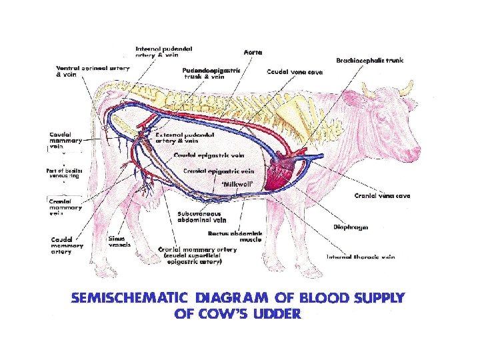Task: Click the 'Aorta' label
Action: (253, 51)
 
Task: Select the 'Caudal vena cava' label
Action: (295, 71)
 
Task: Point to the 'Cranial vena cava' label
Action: (382, 195)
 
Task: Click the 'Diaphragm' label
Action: (351, 227)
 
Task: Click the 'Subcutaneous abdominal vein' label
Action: (201, 217)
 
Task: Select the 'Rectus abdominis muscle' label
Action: (235, 236)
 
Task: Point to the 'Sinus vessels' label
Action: (119, 241)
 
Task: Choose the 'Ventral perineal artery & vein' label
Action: (83, 72)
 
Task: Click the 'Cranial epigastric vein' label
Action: (209, 171)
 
